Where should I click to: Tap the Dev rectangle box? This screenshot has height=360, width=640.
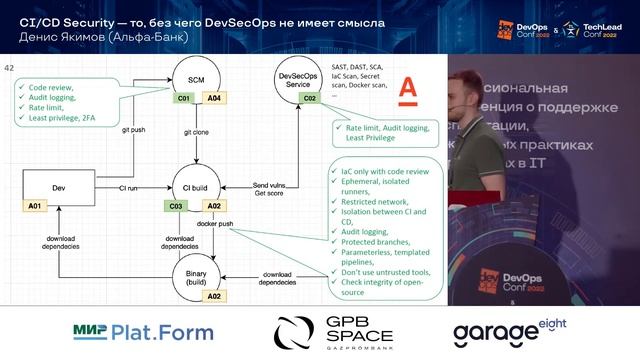(x=58, y=187)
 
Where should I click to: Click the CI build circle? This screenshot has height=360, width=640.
(x=196, y=187)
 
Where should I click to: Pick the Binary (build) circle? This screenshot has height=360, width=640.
(x=196, y=275)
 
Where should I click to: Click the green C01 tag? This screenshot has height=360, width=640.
(x=184, y=98)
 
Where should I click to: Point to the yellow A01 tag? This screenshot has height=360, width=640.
(x=35, y=206)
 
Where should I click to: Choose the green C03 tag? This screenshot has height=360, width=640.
(x=176, y=206)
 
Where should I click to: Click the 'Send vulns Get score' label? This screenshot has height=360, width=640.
(x=272, y=190)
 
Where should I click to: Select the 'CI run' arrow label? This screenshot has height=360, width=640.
(x=128, y=187)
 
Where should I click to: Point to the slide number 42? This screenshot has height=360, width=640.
(x=10, y=67)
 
